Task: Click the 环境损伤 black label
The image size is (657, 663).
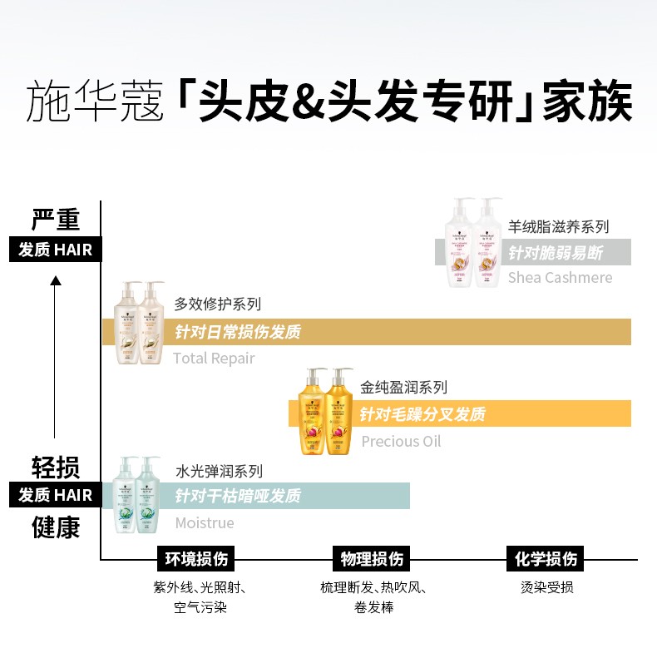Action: pos(196,558)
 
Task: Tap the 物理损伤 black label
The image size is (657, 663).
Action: pos(372,558)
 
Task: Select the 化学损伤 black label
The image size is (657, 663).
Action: pos(546,558)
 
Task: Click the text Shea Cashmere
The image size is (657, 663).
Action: pos(560,278)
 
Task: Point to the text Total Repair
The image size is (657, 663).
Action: pos(214,359)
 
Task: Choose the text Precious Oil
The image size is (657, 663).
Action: pos(401,441)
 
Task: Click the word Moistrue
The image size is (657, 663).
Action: pos(204,523)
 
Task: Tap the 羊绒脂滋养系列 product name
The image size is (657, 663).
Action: pos(558,226)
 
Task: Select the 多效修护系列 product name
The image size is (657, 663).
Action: pos(217,305)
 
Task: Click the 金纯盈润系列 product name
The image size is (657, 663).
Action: pos(403,388)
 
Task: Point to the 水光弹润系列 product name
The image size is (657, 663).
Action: pos(219,471)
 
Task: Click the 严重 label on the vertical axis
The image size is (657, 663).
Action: pos(56,220)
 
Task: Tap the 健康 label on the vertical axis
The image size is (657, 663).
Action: pos(56,527)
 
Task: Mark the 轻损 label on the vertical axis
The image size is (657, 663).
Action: pos(56,468)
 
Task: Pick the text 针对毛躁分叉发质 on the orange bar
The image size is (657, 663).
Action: pos(422,414)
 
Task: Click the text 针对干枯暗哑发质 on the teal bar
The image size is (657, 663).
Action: pos(238,497)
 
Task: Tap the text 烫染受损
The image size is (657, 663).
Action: pos(546,587)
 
